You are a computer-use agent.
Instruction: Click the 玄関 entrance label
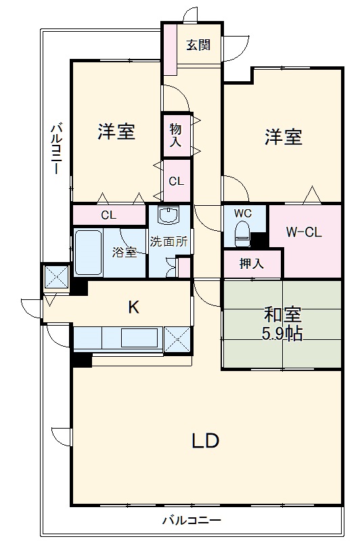click(x=199, y=45)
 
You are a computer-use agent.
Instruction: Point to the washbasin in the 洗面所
click(x=166, y=216)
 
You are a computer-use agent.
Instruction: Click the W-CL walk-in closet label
click(x=303, y=232)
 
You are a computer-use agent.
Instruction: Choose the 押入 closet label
click(x=252, y=264)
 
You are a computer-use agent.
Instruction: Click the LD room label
click(x=204, y=441)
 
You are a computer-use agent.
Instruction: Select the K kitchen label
click(x=134, y=307)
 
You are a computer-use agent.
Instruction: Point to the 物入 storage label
click(x=175, y=135)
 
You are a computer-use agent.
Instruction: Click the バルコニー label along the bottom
click(x=192, y=521)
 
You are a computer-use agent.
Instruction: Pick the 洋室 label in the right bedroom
click(x=283, y=137)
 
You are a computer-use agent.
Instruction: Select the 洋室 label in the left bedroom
click(x=116, y=131)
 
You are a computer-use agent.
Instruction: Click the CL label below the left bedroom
click(x=109, y=216)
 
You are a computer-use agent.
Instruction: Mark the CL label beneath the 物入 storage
click(x=176, y=181)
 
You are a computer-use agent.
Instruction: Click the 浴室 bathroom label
click(x=125, y=253)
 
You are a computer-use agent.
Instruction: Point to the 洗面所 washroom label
click(x=168, y=240)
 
